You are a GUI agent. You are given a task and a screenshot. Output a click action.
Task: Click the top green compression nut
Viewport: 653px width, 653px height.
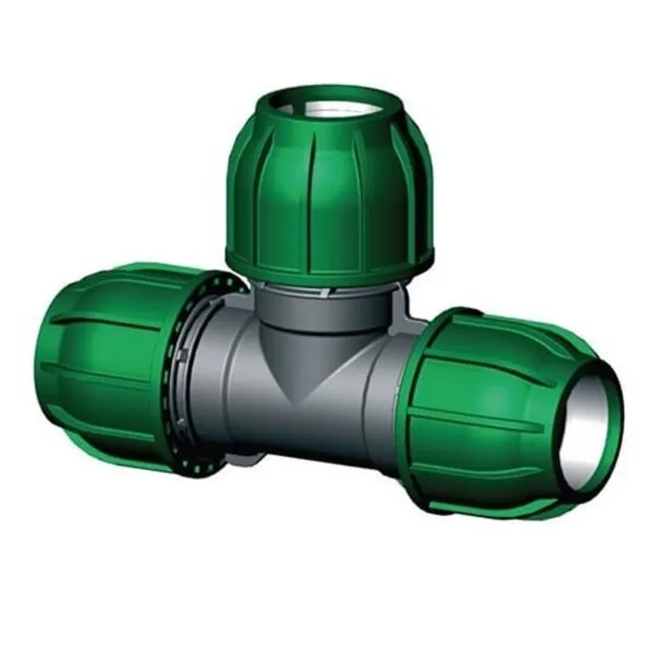(x=328, y=187)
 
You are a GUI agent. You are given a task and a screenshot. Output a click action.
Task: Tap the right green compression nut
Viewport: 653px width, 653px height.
(x=494, y=410)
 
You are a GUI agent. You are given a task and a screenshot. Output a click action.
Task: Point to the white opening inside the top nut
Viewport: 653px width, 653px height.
(x=331, y=106)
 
